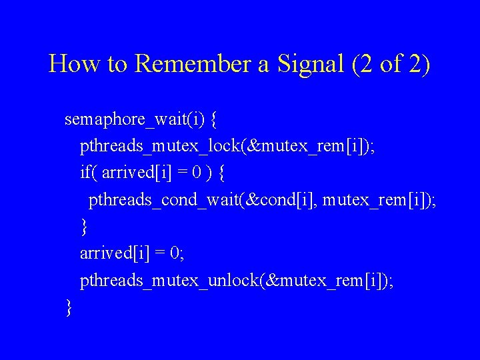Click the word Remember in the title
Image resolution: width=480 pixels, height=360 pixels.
point(190,64)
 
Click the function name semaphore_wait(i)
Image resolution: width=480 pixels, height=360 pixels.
point(134,120)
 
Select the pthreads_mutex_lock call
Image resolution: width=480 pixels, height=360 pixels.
point(227,147)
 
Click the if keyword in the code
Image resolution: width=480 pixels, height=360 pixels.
point(87,173)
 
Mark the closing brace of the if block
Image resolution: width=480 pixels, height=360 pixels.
point(84,227)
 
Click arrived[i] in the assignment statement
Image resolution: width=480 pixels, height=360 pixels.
point(115,253)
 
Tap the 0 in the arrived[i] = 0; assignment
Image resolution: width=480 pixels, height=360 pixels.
point(174,253)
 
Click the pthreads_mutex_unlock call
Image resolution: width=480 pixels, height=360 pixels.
point(236,281)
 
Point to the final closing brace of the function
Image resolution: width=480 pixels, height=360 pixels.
point(69,307)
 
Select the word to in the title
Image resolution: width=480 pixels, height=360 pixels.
point(115,64)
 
